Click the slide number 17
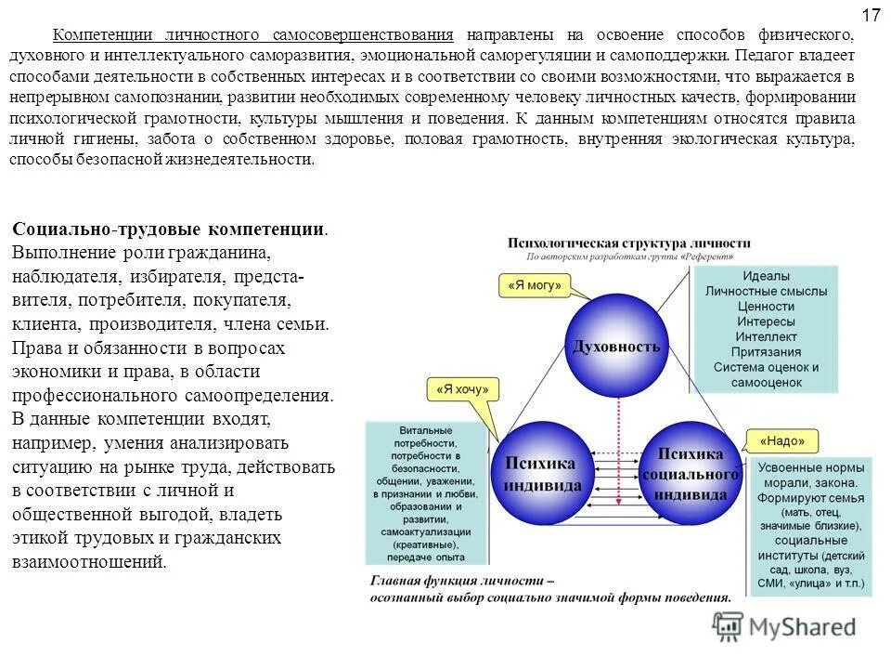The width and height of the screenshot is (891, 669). click(x=870, y=15)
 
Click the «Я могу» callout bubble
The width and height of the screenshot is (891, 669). click(x=535, y=285)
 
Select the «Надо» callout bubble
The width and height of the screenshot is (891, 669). click(x=776, y=440)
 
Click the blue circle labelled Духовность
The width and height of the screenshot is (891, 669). click(x=617, y=346)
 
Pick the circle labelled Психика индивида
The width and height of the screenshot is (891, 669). click(x=542, y=473)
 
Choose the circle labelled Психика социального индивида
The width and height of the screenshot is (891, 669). click(x=691, y=473)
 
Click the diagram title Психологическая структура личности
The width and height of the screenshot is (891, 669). click(x=628, y=243)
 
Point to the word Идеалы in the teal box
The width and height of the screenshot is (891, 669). click(x=766, y=276)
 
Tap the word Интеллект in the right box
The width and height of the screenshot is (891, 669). click(x=766, y=336)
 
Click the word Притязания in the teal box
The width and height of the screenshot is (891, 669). click(x=766, y=351)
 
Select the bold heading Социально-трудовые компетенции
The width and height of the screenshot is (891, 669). click(x=169, y=229)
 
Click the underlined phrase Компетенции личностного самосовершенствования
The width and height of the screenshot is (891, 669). click(x=253, y=34)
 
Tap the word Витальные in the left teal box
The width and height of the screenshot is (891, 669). click(x=426, y=431)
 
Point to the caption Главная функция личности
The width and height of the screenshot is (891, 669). click(x=461, y=581)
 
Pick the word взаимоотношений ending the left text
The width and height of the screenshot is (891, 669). click(x=88, y=562)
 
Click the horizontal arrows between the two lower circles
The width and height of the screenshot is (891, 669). click(x=616, y=473)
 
